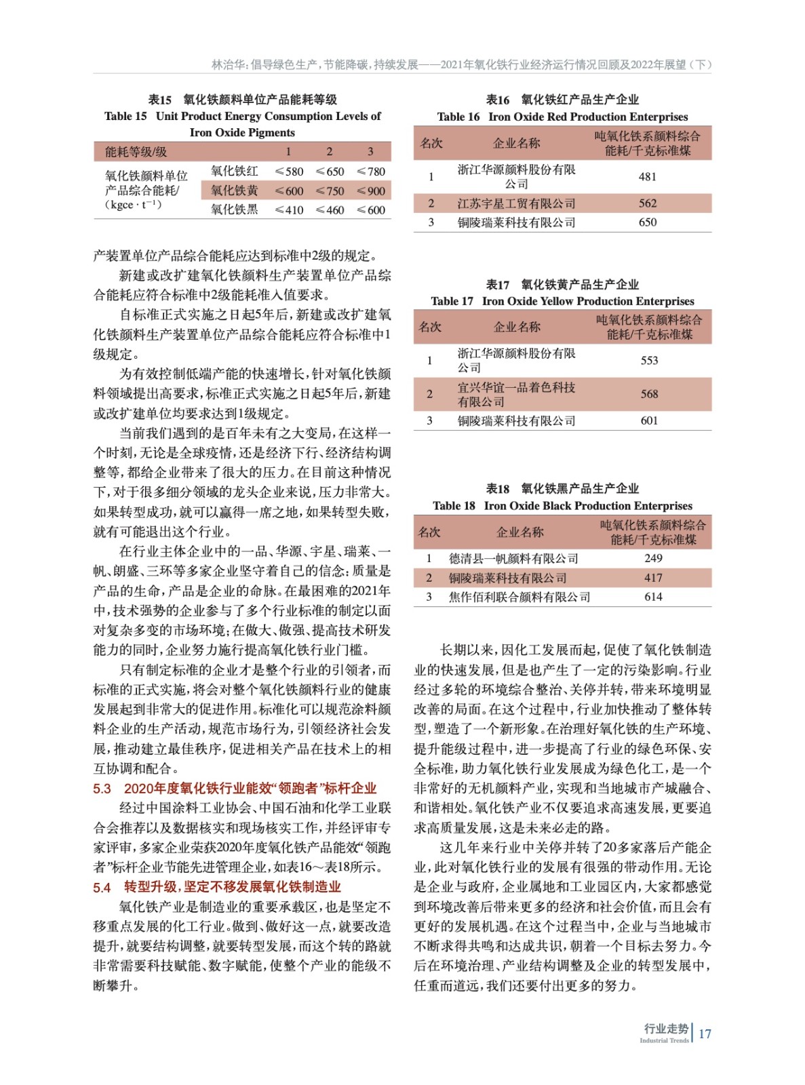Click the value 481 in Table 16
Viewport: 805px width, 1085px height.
[647, 176]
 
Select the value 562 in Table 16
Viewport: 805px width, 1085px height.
[647, 203]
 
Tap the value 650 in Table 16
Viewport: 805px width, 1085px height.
[647, 222]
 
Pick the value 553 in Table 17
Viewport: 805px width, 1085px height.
[649, 360]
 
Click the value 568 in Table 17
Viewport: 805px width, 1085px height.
[649, 394]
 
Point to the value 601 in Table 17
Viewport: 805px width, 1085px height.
[649, 420]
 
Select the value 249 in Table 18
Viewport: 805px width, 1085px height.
[653, 558]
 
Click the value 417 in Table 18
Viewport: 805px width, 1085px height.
[653, 578]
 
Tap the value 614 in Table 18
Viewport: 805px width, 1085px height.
[653, 597]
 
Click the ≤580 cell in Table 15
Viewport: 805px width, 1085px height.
[289, 172]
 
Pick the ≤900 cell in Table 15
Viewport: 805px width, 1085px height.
[371, 191]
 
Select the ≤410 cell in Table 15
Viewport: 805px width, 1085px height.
[289, 210]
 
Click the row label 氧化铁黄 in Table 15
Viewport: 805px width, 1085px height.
[234, 191]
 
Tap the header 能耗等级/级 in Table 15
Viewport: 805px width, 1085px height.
[136, 152]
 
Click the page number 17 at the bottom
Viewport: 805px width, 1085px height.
[705, 1033]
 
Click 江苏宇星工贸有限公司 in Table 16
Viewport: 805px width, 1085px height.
[516, 203]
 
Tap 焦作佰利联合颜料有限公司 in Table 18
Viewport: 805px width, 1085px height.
[519, 597]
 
